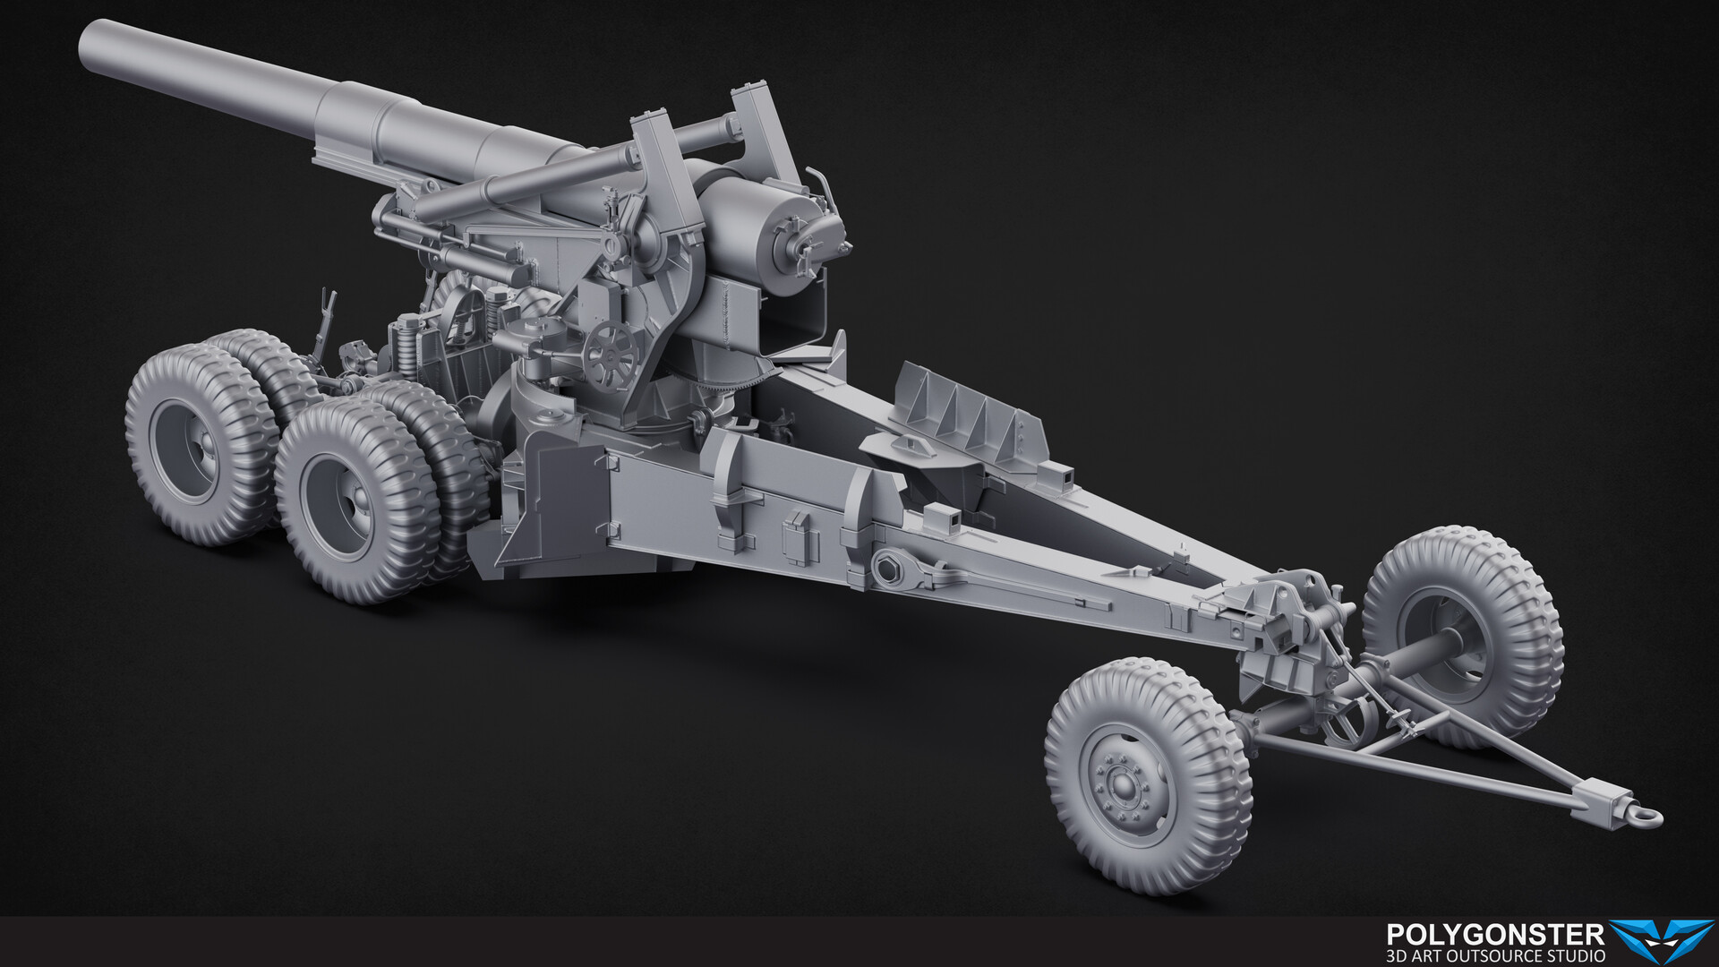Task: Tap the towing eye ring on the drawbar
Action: click(1649, 817)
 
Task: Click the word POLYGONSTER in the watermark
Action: click(1494, 936)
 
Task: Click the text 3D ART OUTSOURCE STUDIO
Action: click(1494, 956)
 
